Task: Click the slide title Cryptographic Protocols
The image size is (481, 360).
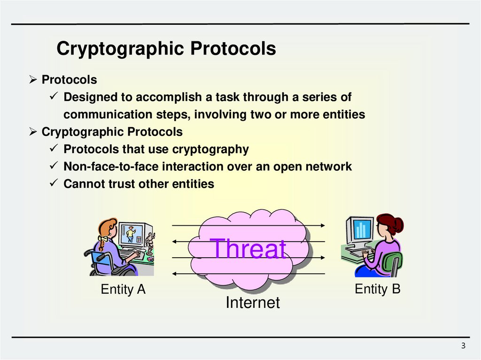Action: coord(166,49)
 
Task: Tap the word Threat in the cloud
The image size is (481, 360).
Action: coord(248,249)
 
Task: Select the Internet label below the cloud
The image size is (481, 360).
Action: coord(252,303)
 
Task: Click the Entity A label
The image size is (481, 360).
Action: coord(123,290)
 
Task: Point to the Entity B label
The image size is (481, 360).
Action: coord(377,289)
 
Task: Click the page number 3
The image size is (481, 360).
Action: coord(463,346)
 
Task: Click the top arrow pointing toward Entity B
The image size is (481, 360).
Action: coord(248,226)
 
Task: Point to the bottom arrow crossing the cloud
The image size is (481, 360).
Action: coord(248,273)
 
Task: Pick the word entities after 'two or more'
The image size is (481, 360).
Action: coord(343,115)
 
